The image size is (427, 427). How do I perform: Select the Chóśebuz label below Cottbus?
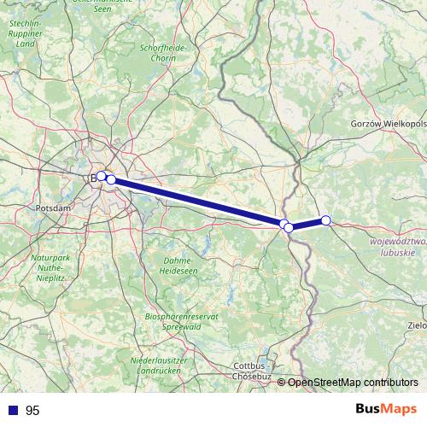click(252, 376)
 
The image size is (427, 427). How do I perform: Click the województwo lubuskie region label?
click(397, 249)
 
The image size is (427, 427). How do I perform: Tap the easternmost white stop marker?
click(325, 220)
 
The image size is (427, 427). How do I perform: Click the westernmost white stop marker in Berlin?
click(101, 176)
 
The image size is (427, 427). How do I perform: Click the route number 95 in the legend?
click(32, 411)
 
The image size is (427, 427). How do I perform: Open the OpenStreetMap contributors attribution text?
click(354, 383)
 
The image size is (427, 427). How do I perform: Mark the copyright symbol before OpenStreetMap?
click(283, 383)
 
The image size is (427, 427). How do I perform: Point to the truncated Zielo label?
click(418, 325)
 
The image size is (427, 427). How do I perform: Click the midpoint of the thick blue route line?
click(197, 202)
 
